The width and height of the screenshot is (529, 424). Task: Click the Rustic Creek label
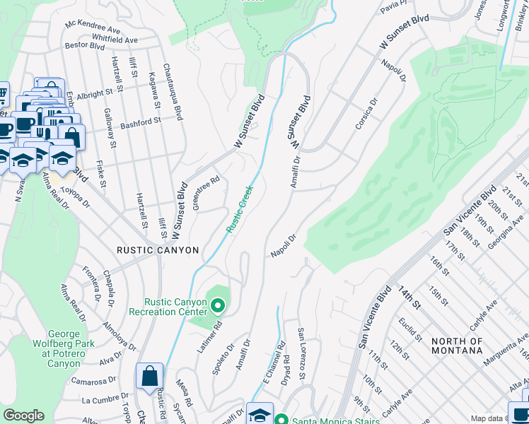pyautogui.click(x=239, y=209)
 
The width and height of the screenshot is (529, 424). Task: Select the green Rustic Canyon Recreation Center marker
pyautogui.click(x=218, y=306)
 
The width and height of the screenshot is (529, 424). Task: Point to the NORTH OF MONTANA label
pyautogui.click(x=456, y=347)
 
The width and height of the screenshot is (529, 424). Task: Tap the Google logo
pyautogui.click(x=23, y=416)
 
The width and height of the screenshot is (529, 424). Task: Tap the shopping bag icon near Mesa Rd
pyautogui.click(x=150, y=377)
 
